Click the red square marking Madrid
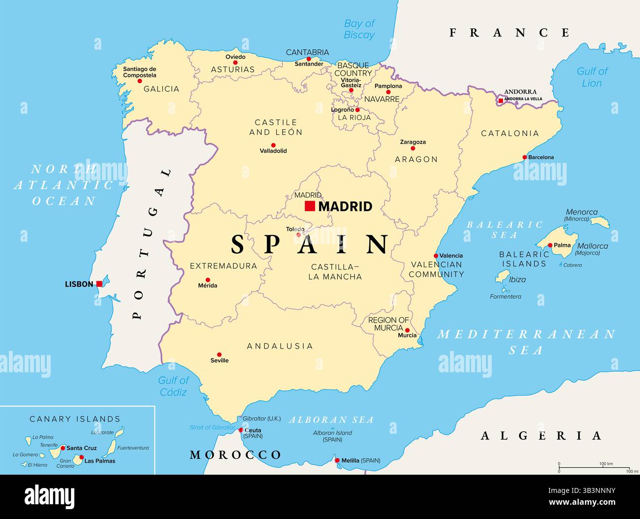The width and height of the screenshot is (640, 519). click(310, 206)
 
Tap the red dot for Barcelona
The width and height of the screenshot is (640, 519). click(525, 158)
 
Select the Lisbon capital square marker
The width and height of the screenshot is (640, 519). click(99, 284)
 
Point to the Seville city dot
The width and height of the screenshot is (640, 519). click(220, 355)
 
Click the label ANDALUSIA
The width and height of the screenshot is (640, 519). click(280, 346)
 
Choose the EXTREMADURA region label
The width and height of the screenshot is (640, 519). click(224, 266)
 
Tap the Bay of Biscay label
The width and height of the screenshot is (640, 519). click(359, 29)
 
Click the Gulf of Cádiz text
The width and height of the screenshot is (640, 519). click(173, 386)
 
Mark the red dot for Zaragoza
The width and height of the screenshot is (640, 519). click(413, 148)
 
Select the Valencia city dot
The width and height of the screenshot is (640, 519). click(436, 256)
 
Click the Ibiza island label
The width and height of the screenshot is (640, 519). click(517, 280)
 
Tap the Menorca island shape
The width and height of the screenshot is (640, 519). click(600, 222)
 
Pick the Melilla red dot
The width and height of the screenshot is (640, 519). click(337, 461)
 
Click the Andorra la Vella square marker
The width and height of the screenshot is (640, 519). click(501, 101)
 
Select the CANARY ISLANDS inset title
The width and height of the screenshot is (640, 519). click(75, 419)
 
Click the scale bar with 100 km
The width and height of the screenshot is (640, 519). click(594, 467)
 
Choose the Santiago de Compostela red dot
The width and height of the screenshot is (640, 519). click(140, 81)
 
